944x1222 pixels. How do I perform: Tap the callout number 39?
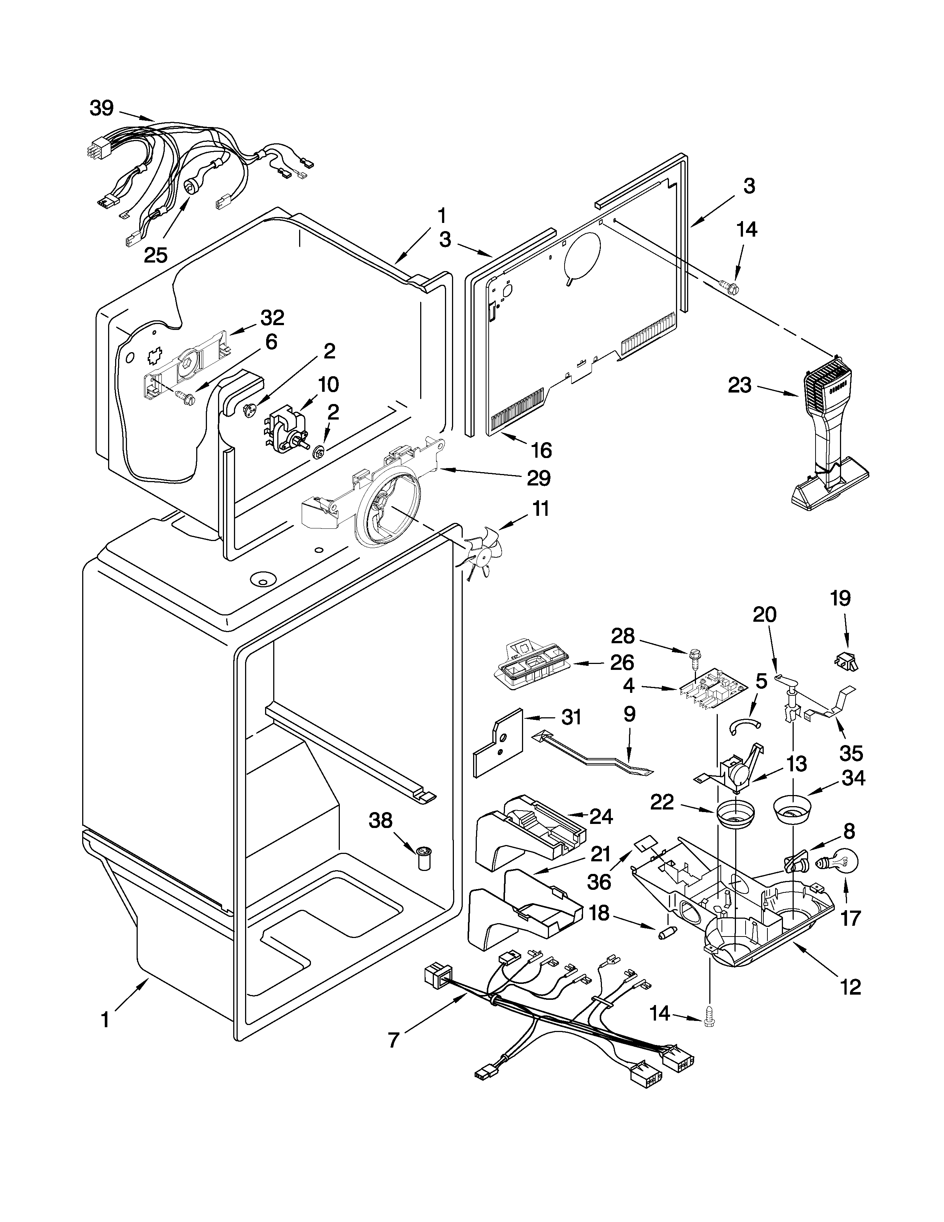pos(102,108)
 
